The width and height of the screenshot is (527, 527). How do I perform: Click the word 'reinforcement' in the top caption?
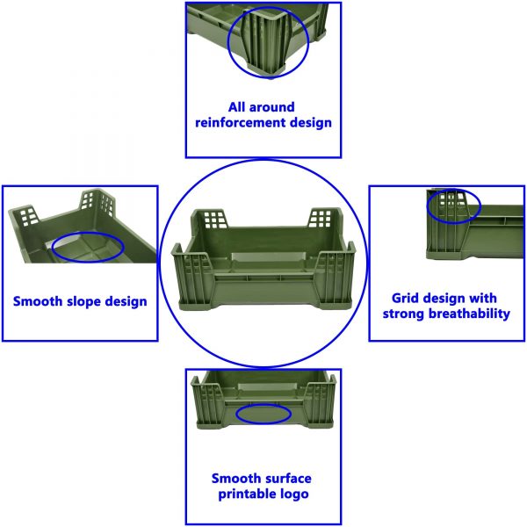[241, 122]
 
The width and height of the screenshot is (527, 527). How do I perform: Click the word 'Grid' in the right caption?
[405, 298]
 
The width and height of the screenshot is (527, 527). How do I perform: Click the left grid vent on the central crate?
[215, 218]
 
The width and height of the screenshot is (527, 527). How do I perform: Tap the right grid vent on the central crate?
[321, 218]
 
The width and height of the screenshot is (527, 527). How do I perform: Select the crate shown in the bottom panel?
[263, 400]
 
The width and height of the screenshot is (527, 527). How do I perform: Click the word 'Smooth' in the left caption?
[38, 301]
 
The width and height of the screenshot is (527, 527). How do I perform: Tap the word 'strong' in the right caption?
[404, 314]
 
